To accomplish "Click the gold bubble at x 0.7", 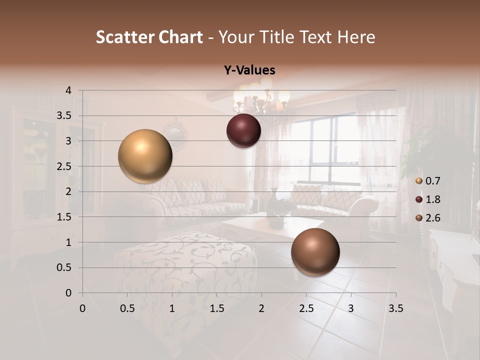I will [145, 156].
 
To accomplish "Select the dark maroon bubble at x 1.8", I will [243, 131].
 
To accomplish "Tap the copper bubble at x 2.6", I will [315, 252].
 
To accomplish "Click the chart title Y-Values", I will [249, 70].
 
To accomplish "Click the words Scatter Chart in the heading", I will [149, 37].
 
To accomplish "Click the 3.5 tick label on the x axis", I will [395, 308].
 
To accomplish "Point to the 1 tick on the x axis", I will [172, 308].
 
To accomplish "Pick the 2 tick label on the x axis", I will [261, 308].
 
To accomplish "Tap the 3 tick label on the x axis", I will [351, 308].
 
